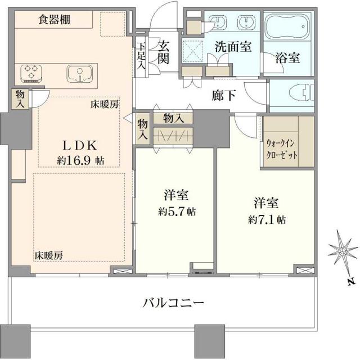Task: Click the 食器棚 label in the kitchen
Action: click(54, 20)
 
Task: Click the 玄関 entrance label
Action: click(164, 53)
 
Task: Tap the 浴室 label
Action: click(288, 57)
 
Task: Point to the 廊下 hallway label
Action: click(223, 95)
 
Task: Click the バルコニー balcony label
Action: click(172, 303)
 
